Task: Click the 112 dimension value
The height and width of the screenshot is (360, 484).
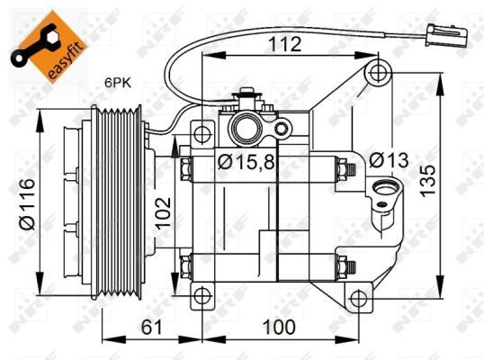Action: click(x=285, y=44)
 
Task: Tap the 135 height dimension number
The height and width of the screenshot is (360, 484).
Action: click(x=428, y=181)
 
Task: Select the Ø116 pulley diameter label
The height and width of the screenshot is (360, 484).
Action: click(x=28, y=203)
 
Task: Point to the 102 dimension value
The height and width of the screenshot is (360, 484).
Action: click(x=163, y=213)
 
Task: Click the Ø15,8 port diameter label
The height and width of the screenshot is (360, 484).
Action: click(x=246, y=162)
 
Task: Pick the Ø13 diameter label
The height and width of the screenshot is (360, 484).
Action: click(x=389, y=160)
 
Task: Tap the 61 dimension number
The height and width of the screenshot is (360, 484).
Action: click(x=151, y=327)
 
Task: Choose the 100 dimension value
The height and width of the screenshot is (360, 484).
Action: click(x=279, y=327)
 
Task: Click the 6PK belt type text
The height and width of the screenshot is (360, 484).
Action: click(x=118, y=83)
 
